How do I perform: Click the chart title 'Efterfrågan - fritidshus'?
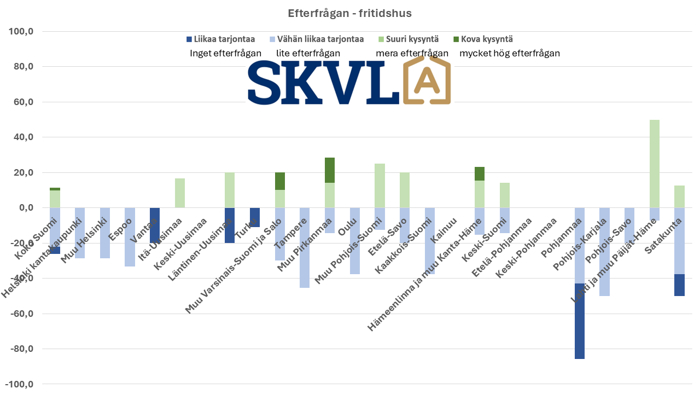(349, 13)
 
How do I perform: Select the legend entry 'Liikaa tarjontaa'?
(221, 39)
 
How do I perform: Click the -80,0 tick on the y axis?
(21, 349)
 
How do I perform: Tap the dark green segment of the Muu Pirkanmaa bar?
(330, 170)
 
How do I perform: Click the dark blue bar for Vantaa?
(155, 225)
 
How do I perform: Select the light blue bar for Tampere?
(305, 247)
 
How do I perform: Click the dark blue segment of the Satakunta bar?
(679, 285)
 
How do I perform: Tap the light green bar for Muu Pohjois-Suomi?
(380, 186)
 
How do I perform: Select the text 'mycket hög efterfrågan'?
(510, 53)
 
